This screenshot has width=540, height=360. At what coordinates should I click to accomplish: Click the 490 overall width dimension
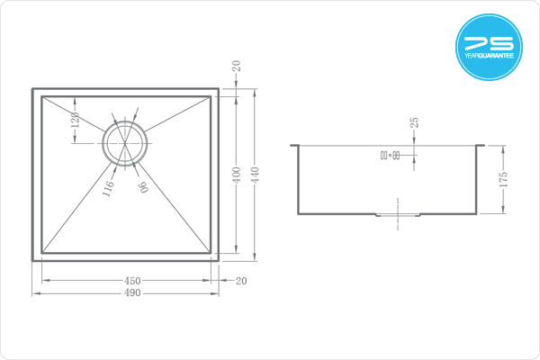[132, 293]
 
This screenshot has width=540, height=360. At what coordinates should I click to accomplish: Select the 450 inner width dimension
[132, 281]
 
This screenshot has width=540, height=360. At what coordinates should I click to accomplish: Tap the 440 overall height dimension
[256, 175]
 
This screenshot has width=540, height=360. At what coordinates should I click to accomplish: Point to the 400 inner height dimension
[237, 175]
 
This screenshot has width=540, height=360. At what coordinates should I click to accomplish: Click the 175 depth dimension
[503, 179]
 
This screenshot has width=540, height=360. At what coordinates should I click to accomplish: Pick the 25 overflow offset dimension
[414, 122]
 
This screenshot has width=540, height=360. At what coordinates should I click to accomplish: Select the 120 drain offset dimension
[76, 120]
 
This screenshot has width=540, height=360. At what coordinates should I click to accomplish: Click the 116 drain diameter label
[108, 188]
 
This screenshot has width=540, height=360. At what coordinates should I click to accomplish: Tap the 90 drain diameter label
[144, 186]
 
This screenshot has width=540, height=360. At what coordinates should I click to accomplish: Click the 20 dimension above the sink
[236, 66]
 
